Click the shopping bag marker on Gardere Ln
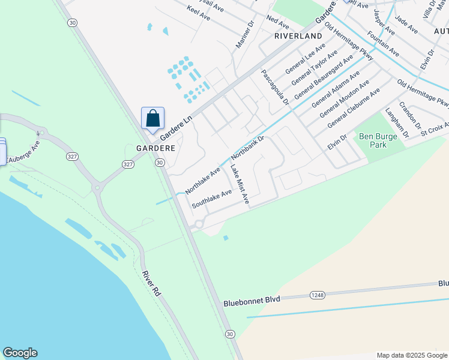coord(152,118)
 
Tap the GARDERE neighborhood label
coord(155,148)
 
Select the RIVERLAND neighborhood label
coord(298,36)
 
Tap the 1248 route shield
coord(318,295)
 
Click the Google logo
coord(20,353)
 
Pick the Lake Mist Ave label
coord(240,184)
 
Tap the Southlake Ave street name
coord(211,199)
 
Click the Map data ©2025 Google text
coord(412,355)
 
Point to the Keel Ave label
coord(199,13)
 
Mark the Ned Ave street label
coord(278,23)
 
